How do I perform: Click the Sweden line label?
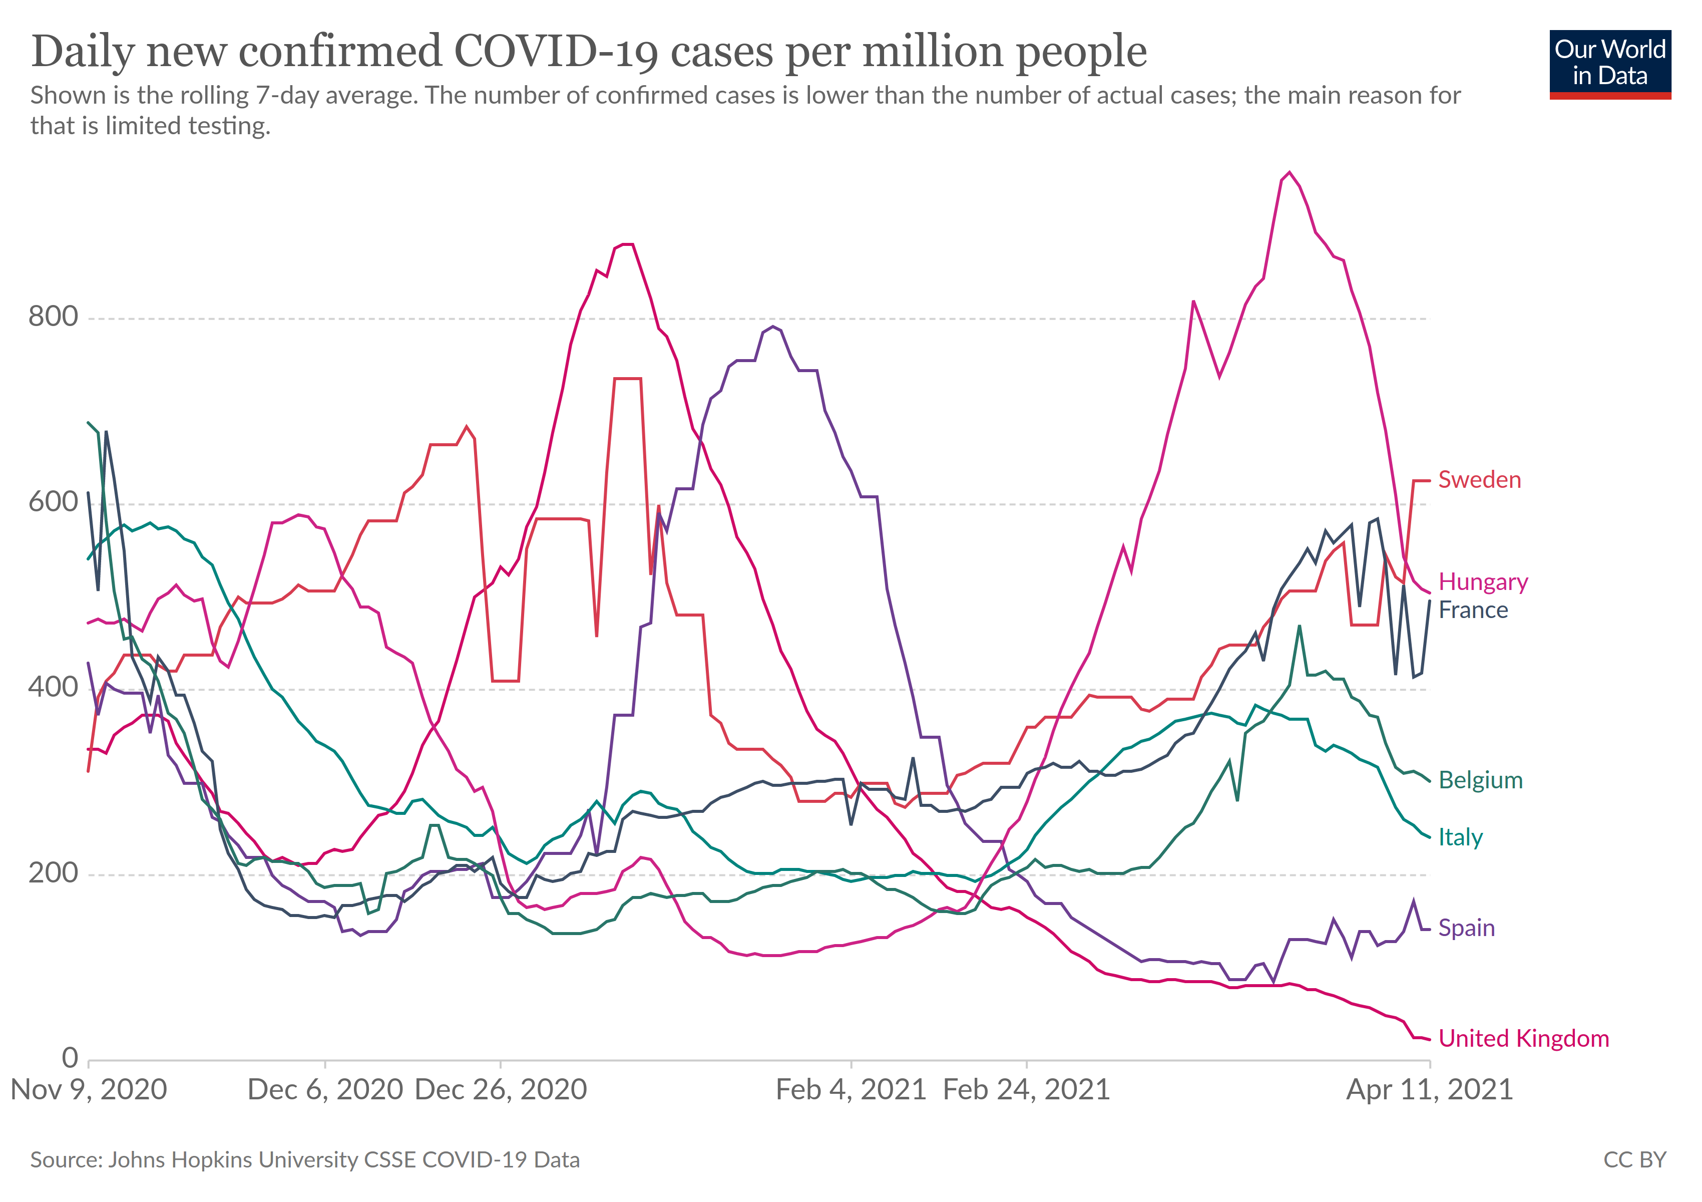1479,480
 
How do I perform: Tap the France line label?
1473,611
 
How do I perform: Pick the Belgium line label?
1480,780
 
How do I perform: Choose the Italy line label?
1460,837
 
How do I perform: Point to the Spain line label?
1466,928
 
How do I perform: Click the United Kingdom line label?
1523,1038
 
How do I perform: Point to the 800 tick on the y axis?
54,317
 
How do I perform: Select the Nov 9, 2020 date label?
89,1090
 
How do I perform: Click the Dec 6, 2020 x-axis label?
325,1090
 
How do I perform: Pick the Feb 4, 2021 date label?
851,1090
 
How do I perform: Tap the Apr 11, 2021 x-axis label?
1429,1090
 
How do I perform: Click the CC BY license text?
1634,1160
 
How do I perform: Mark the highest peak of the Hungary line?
1290,173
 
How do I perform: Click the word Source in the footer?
65,1160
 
